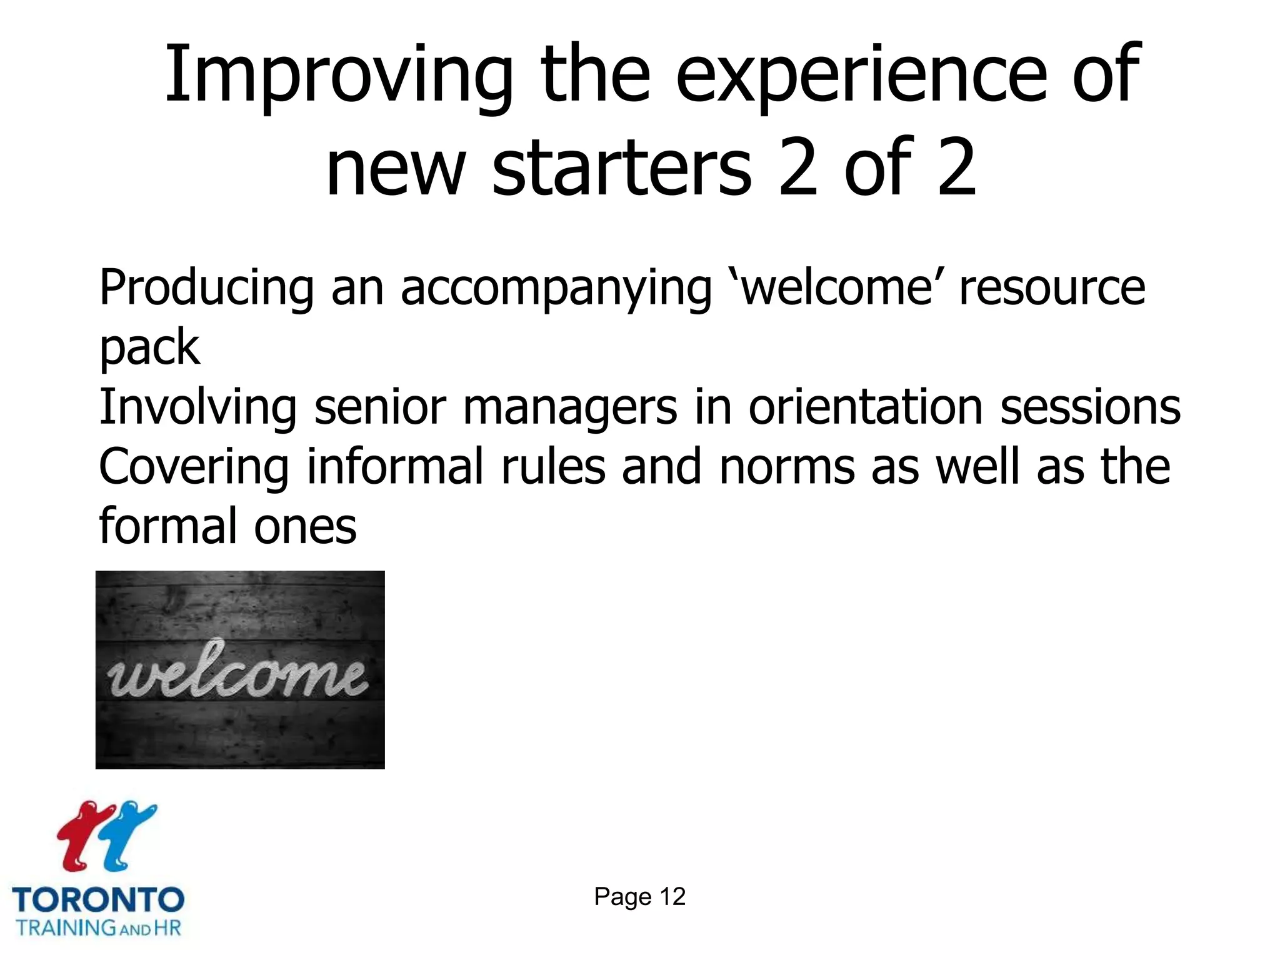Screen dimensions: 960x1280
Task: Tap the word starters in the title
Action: point(622,167)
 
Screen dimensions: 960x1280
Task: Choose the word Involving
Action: point(197,407)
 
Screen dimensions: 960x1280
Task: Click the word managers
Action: point(569,407)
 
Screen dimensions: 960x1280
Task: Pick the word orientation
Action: point(866,407)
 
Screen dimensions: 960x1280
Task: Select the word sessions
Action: point(1090,407)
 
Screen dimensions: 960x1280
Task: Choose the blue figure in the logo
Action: point(128,834)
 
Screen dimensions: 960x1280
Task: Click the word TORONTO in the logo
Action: point(98,900)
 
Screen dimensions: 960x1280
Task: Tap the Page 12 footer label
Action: point(639,897)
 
